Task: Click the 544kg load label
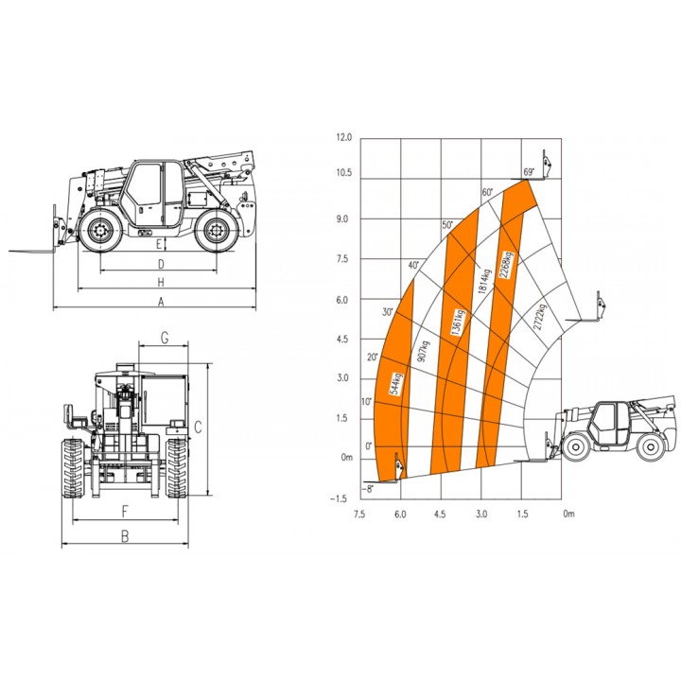[397, 383]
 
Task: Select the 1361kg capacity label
[458, 323]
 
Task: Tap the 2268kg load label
[506, 265]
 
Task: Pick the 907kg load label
[423, 353]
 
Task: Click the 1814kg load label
[484, 282]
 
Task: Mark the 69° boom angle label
[529, 172]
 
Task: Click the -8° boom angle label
[367, 489]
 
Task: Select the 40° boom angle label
[413, 265]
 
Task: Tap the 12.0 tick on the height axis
[344, 138]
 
